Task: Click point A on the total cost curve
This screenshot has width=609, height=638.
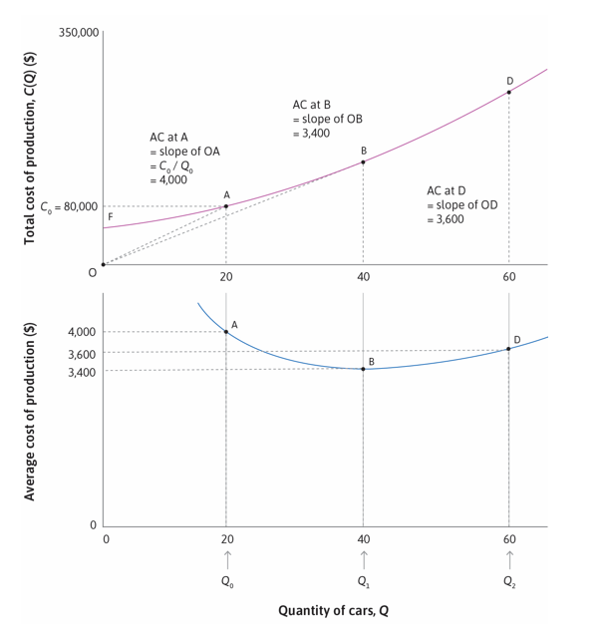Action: click(x=226, y=206)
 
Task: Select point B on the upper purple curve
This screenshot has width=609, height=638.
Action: click(x=363, y=161)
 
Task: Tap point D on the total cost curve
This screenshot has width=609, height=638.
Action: click(x=509, y=92)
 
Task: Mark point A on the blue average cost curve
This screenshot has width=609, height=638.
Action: click(x=226, y=332)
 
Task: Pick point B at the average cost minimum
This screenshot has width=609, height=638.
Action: click(x=363, y=369)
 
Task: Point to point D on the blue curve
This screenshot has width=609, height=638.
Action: click(x=509, y=348)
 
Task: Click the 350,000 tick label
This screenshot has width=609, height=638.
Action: click(x=79, y=34)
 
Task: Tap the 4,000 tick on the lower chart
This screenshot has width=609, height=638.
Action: click(x=82, y=332)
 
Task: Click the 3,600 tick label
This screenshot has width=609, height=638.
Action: click(x=82, y=354)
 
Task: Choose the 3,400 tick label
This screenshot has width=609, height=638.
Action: click(x=82, y=372)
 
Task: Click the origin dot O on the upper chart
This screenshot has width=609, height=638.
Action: click(x=103, y=264)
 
